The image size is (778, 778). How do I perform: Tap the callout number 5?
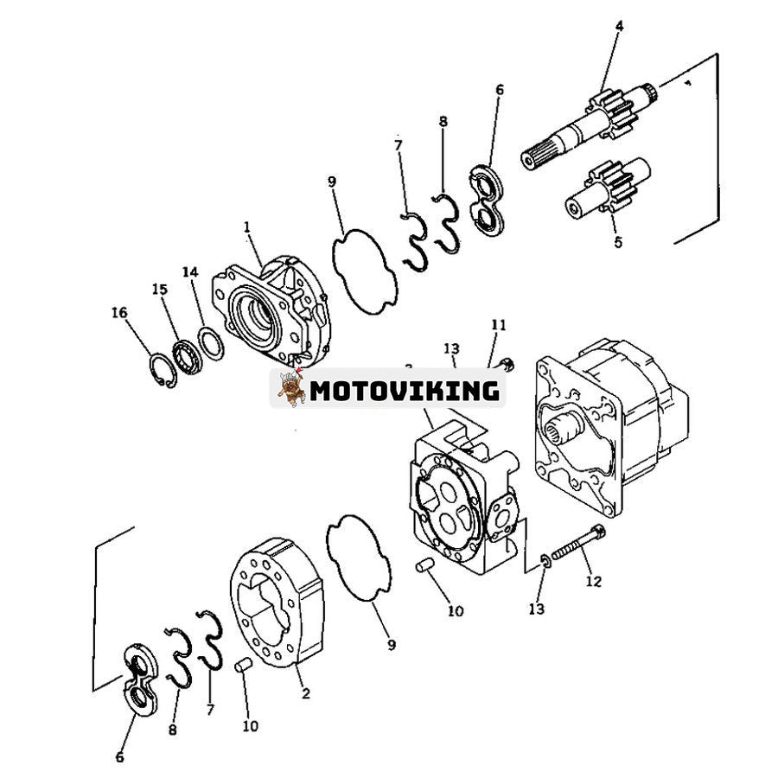pyautogui.click(x=617, y=243)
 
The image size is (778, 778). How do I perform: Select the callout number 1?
pyautogui.click(x=246, y=226)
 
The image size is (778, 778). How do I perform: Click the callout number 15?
pyautogui.click(x=159, y=289)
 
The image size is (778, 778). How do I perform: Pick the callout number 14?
pyautogui.click(x=189, y=271)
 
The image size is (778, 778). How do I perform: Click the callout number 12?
pyautogui.click(x=593, y=582)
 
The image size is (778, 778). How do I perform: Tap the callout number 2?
pyautogui.click(x=306, y=692)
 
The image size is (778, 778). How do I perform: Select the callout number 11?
pyautogui.click(x=499, y=325)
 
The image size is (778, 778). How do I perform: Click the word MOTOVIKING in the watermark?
pyautogui.click(x=405, y=391)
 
